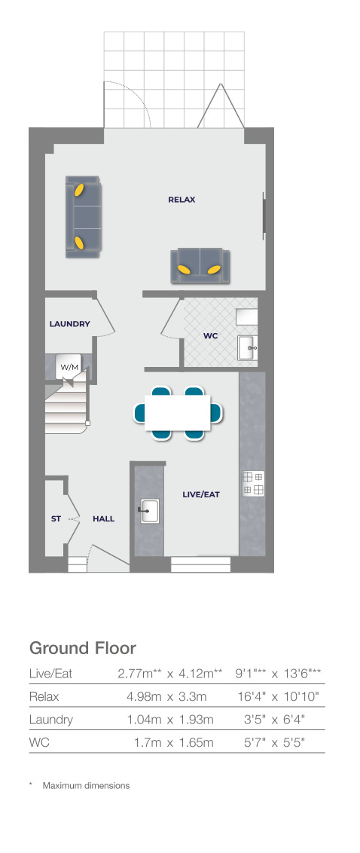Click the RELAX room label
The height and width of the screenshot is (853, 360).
[x=182, y=200]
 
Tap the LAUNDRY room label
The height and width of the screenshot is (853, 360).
[x=69, y=324]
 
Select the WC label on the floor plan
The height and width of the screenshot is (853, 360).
[x=210, y=336]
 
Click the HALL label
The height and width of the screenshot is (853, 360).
[x=103, y=518]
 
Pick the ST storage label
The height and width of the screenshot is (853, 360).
[x=56, y=518]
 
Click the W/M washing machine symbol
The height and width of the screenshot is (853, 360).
[x=69, y=368]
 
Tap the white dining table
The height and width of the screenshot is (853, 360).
[x=178, y=412]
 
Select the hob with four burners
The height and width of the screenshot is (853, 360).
[x=253, y=484]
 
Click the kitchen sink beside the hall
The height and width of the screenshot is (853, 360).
[x=150, y=511]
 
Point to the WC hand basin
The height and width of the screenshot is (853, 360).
[x=248, y=347]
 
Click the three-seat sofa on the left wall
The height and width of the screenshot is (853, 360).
[x=83, y=216]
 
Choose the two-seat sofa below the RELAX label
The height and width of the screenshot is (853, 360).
[x=200, y=266]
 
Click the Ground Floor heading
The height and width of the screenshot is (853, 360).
[x=83, y=648]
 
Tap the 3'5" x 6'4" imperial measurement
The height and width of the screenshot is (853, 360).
[x=275, y=720]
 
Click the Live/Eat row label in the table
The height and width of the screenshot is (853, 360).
[x=50, y=674]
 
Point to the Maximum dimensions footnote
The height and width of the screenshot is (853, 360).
[x=86, y=785]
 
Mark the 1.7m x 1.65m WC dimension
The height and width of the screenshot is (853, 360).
[x=174, y=742]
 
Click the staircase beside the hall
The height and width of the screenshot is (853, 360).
[x=66, y=406]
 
